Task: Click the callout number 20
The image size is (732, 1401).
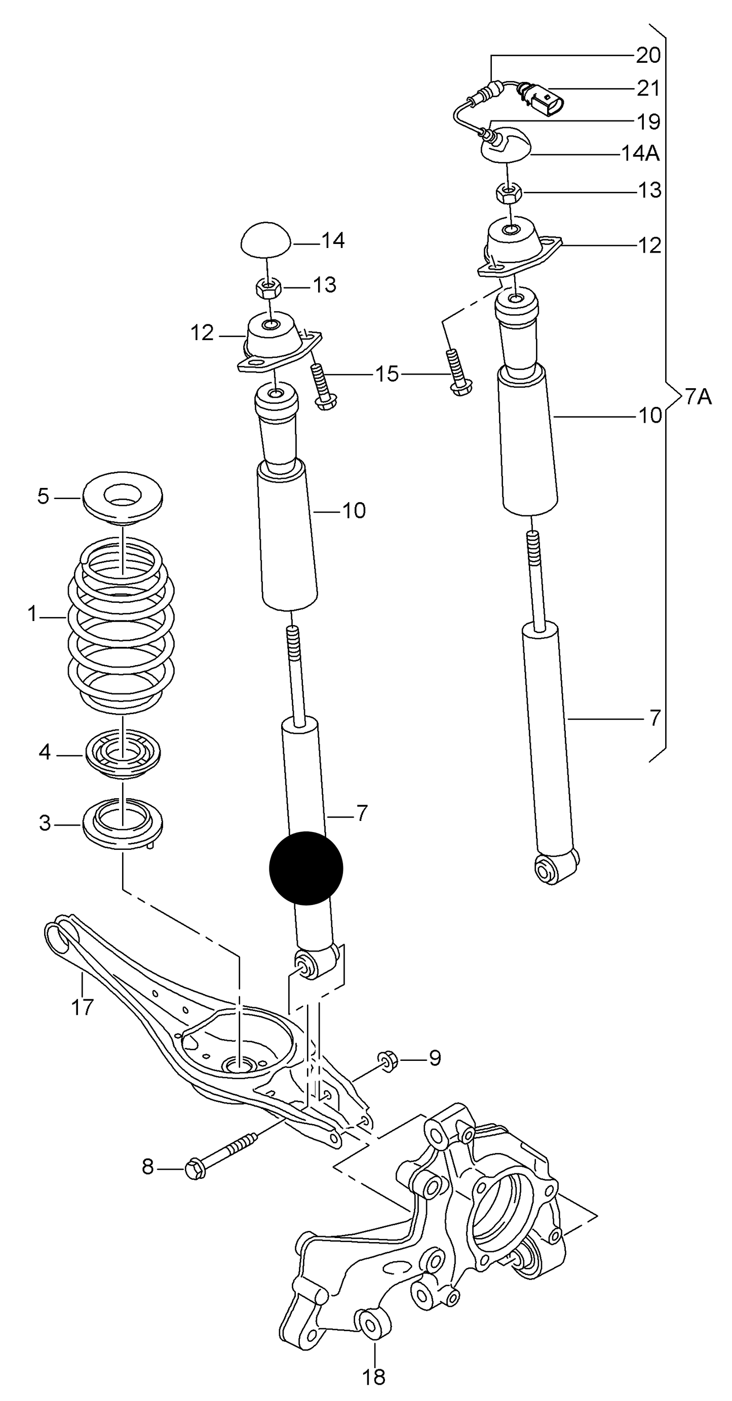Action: click(x=647, y=55)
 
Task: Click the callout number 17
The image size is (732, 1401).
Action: click(x=83, y=1007)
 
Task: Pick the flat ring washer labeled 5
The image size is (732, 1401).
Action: click(x=123, y=498)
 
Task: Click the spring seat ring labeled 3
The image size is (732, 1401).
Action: click(x=123, y=826)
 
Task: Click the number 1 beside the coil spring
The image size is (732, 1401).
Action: click(x=32, y=614)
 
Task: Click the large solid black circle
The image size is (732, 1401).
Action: click(x=306, y=868)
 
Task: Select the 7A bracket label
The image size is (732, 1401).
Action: click(x=698, y=397)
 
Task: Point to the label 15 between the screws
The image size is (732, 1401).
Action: click(x=387, y=374)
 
